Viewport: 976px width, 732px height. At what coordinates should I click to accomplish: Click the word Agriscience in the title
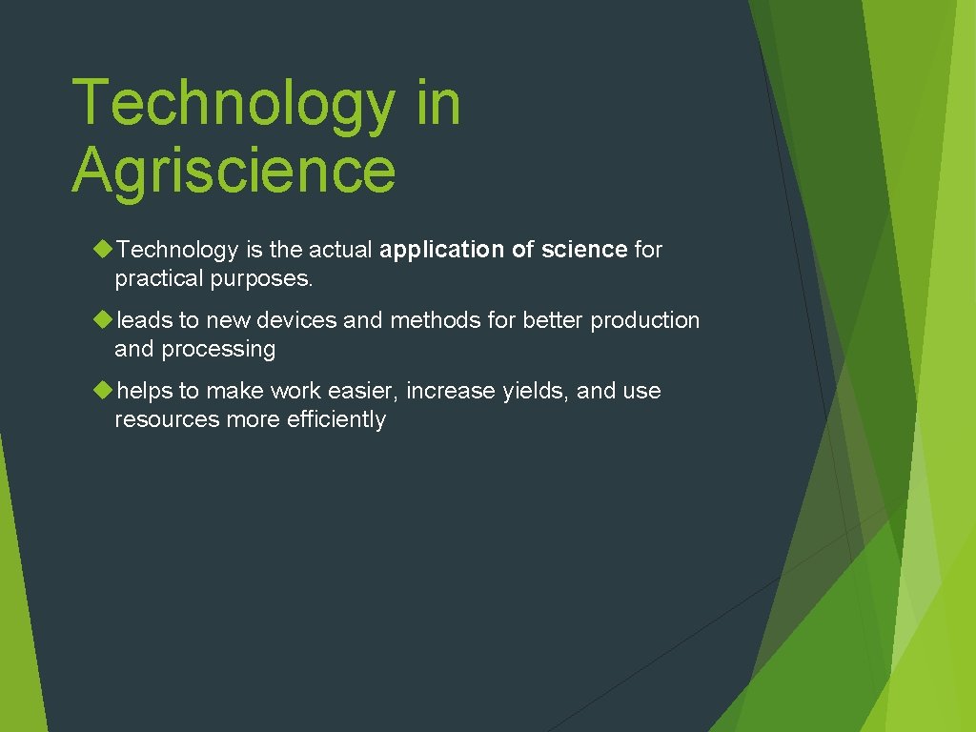(x=233, y=169)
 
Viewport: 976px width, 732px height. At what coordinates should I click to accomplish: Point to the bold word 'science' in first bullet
(x=584, y=250)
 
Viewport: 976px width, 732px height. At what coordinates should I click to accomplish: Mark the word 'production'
(x=644, y=320)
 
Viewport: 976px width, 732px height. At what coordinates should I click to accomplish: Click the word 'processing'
(x=218, y=350)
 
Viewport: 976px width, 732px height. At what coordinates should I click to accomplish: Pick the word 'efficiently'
(x=335, y=420)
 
